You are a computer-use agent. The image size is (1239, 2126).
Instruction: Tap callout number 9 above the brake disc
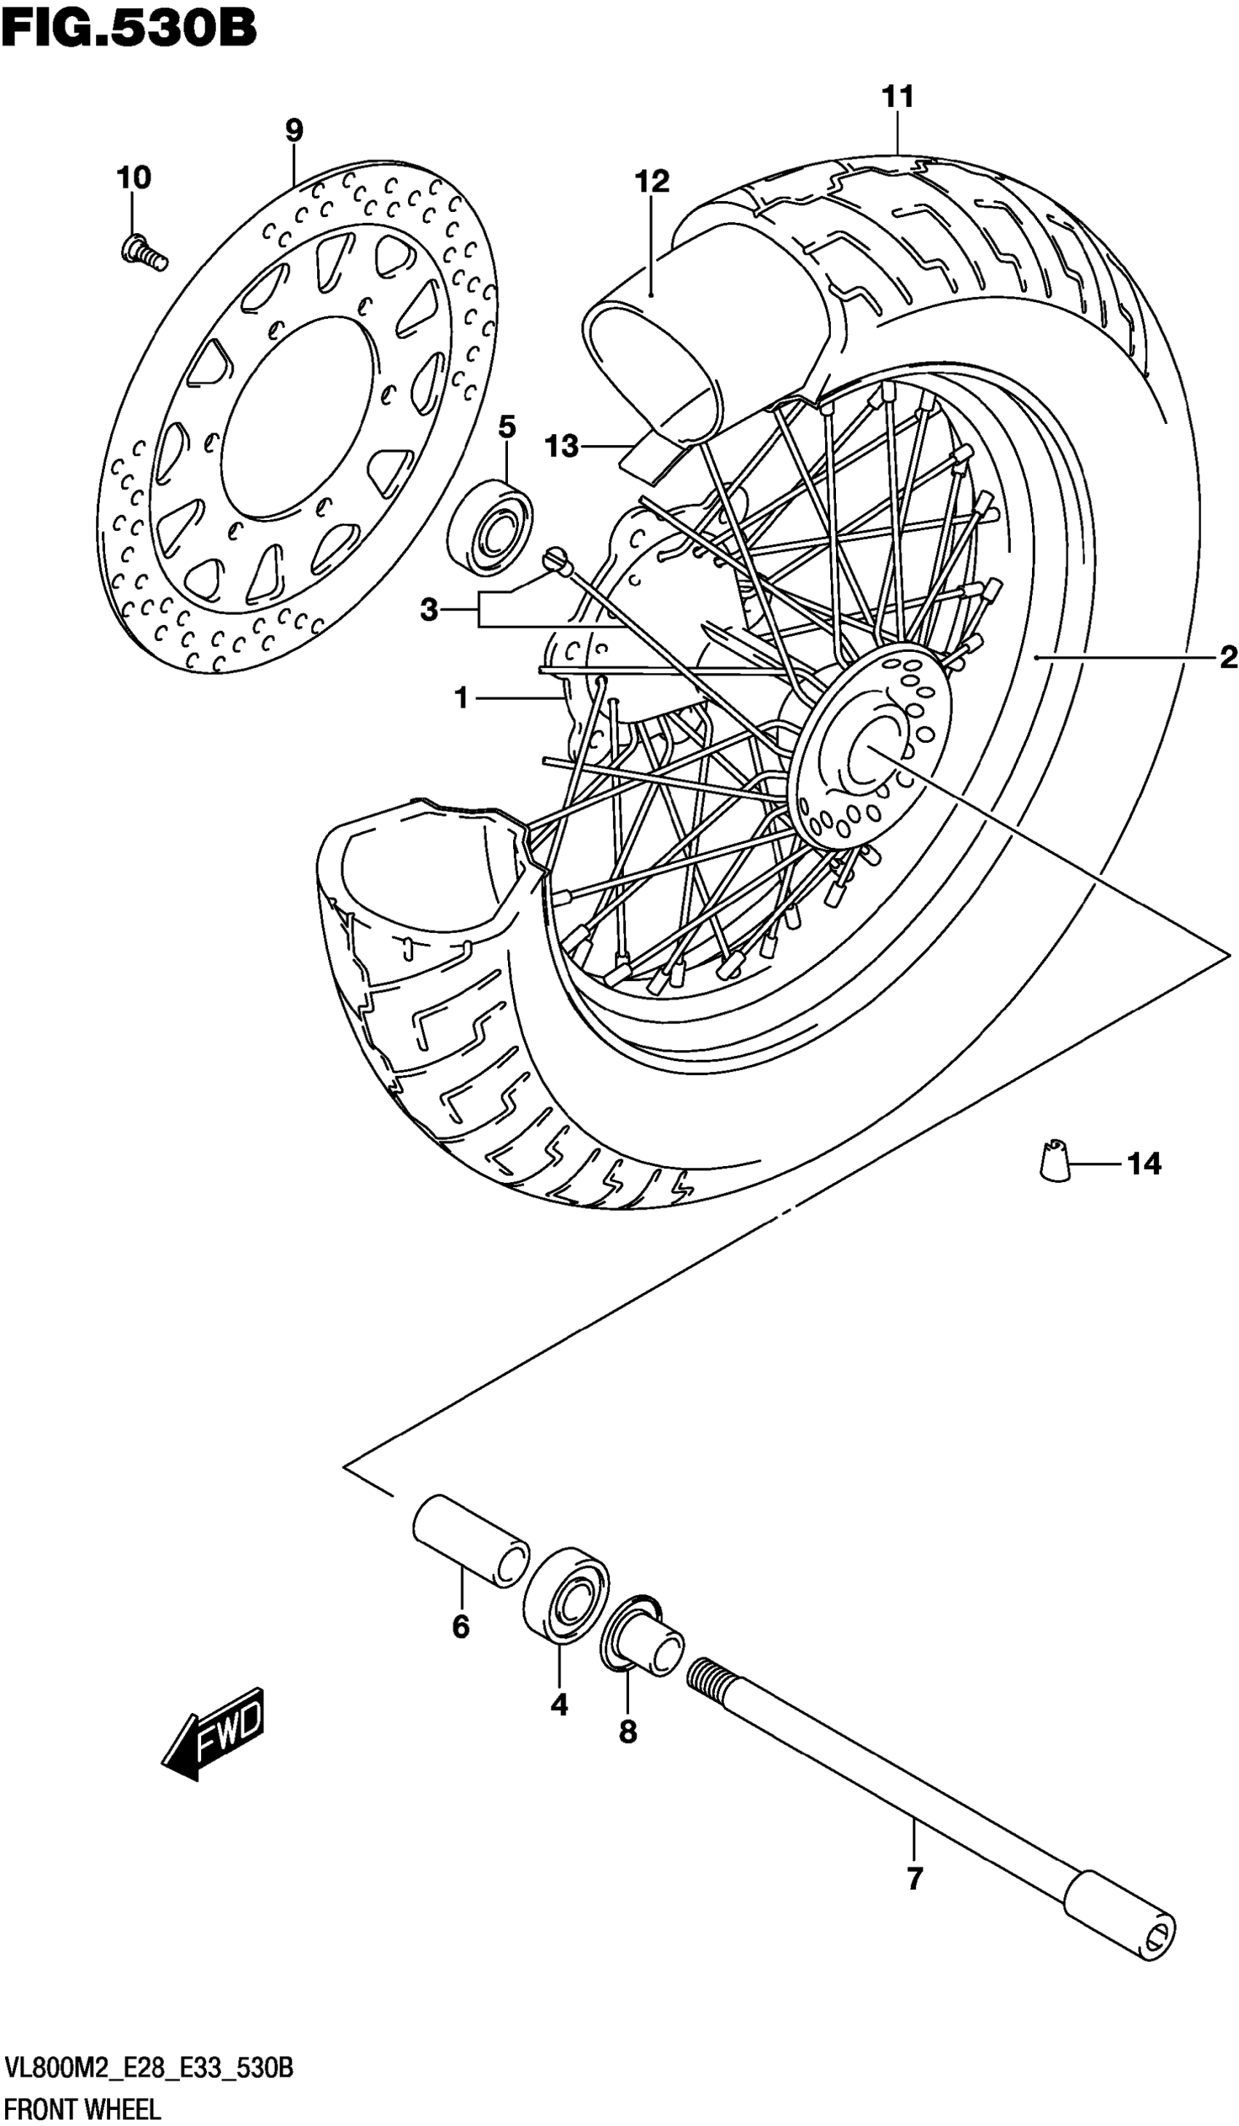293,131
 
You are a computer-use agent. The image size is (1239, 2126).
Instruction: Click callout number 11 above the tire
898,97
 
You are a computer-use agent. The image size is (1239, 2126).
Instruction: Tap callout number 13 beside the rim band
562,446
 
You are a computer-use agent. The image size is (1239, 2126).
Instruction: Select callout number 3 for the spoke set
429,609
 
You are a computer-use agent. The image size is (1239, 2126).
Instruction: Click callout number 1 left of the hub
461,698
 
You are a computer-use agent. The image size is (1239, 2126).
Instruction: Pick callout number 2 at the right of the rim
1227,656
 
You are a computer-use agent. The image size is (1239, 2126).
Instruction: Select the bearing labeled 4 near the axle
566,1594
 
